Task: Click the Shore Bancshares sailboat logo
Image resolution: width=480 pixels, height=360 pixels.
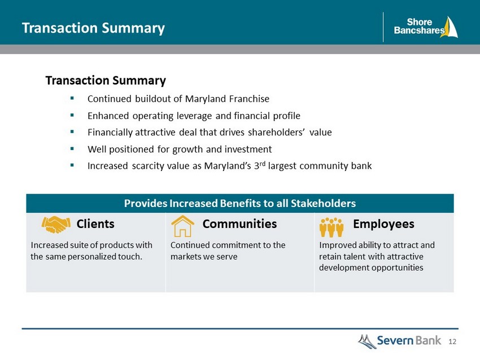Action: [449, 27]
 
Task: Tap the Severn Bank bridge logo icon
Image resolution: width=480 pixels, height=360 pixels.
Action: [367, 341]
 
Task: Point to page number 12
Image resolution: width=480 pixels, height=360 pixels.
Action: [452, 341]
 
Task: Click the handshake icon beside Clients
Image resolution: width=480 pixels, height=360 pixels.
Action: [56, 225]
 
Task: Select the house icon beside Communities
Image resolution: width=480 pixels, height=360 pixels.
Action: [182, 226]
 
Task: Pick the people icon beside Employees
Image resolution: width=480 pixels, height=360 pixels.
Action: [331, 227]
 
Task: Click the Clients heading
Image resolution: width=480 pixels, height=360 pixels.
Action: [95, 224]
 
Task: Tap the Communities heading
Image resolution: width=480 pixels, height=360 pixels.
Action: [239, 224]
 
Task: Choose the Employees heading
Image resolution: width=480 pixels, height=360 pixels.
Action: [383, 224]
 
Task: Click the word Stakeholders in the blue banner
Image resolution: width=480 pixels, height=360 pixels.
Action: [323, 203]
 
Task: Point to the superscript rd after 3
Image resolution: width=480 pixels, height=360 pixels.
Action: [263, 163]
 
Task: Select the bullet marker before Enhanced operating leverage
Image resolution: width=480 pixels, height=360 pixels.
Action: [72, 115]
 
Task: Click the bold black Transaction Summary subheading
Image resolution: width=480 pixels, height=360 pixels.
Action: [106, 81]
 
